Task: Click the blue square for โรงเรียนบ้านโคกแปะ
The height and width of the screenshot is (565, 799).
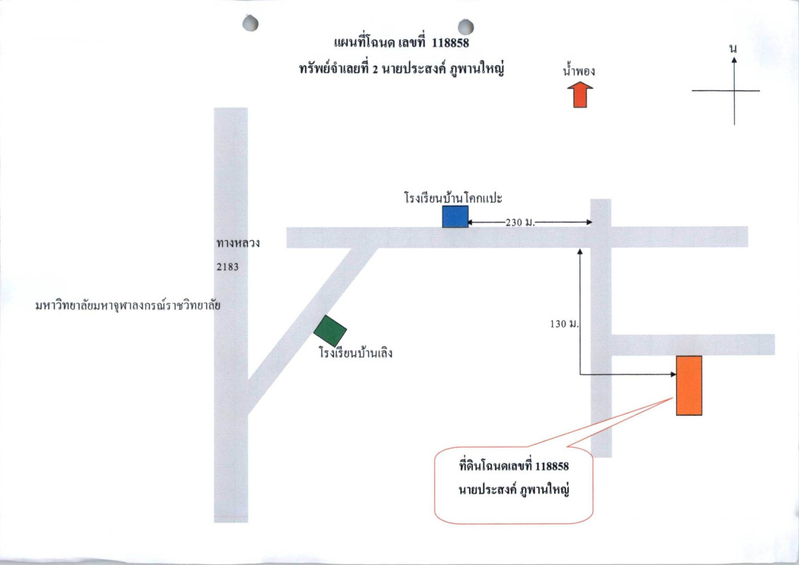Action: point(455,217)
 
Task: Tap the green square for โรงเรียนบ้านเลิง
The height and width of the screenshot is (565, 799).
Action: point(330,331)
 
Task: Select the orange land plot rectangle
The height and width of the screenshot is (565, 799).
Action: point(689,385)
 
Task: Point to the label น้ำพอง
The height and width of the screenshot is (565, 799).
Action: point(579,71)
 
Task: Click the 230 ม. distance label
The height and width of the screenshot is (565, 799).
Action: point(521,222)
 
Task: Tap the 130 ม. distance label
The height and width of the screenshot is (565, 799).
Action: point(563,323)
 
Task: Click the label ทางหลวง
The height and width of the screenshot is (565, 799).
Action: point(239,244)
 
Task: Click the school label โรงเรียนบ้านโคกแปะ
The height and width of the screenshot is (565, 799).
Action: point(452,197)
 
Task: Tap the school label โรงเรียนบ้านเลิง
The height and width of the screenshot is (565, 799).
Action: point(355,352)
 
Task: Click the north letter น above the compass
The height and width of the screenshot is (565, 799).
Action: point(734,48)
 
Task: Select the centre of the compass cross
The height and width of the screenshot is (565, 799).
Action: point(734,90)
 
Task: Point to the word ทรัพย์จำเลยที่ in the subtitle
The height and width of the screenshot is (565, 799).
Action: point(332,70)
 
